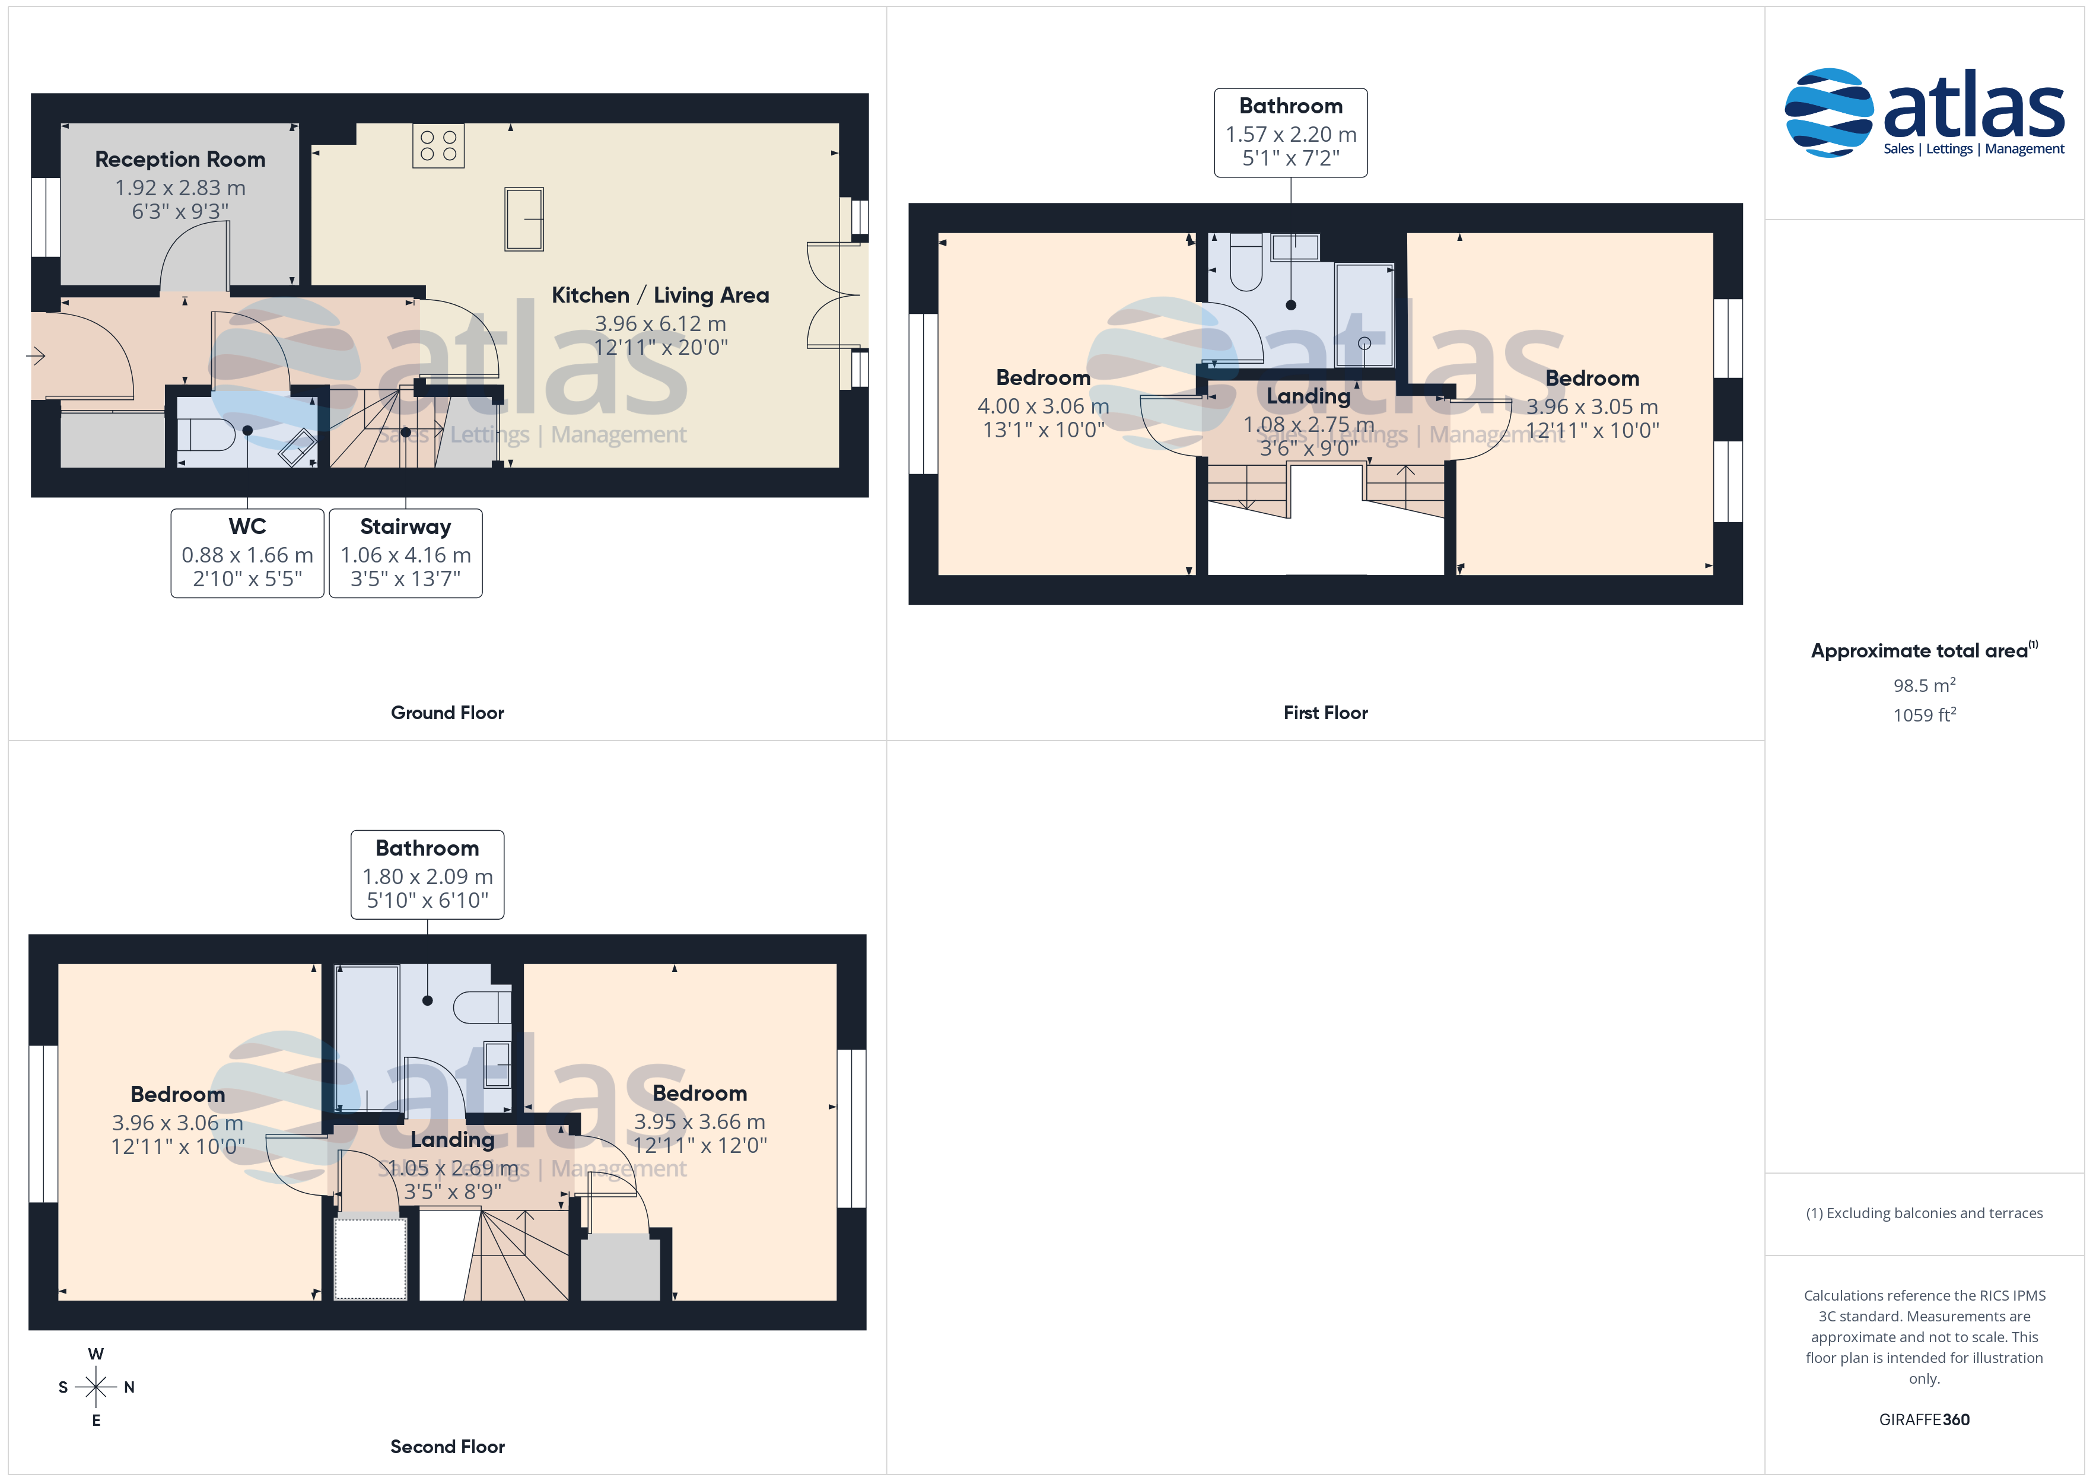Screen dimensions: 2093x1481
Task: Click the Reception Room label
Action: click(x=180, y=160)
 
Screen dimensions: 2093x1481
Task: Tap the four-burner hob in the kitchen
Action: click(x=438, y=146)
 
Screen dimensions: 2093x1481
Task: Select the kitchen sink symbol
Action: click(x=524, y=219)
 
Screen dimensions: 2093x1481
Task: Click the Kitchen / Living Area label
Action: click(x=660, y=295)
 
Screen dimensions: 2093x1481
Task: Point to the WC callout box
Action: click(x=247, y=552)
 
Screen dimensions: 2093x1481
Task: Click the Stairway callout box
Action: click(x=406, y=552)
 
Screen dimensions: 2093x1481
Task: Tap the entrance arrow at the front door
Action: click(x=36, y=355)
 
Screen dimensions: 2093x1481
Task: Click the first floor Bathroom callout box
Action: click(x=1291, y=132)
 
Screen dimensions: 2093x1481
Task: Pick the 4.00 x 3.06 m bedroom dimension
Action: click(x=1043, y=406)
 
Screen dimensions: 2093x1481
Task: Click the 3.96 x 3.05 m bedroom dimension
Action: click(x=1592, y=406)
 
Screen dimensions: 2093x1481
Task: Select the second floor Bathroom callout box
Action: click(x=428, y=875)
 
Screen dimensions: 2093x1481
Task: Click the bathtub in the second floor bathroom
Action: click(x=367, y=1038)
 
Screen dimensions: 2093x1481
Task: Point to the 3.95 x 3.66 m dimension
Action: click(x=699, y=1121)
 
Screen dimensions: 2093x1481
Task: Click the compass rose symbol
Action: click(x=96, y=1387)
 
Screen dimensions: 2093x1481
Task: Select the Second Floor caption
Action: click(x=447, y=1447)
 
